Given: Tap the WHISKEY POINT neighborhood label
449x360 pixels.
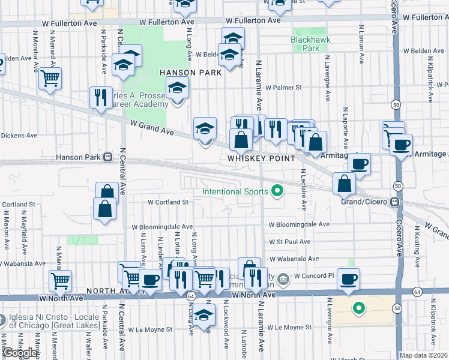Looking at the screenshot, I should pos(261,158).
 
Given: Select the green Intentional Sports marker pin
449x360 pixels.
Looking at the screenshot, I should pos(277,192).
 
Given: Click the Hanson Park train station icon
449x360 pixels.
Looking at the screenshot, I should pos(107,157).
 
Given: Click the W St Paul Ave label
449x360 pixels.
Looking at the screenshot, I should pos(289,242).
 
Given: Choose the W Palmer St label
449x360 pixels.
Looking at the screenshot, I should pos(282,88).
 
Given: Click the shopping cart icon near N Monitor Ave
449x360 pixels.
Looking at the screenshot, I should pos(50,78).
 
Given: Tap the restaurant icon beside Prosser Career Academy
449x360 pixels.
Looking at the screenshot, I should pos(100,97).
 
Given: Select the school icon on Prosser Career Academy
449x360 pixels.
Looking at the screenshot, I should pos(177,88).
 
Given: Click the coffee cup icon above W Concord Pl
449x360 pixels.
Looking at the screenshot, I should pos(349,279).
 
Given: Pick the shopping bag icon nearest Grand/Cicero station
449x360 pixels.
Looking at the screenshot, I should pos(345,184).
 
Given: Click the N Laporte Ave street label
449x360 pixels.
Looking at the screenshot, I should pos(346,129).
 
